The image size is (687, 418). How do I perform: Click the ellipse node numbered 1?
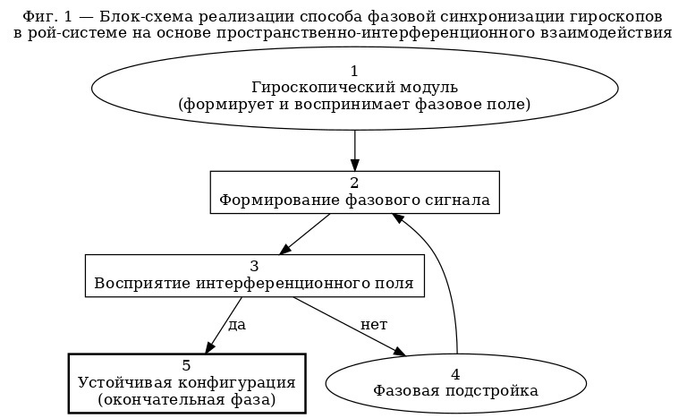354,88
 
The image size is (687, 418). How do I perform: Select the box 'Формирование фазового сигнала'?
354,192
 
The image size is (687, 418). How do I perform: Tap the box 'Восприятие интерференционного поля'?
254,276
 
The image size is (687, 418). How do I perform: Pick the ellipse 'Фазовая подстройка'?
455,382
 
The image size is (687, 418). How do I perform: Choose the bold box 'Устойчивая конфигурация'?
187,382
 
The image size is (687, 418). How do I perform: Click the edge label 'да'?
237,324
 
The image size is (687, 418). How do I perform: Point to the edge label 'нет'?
373,324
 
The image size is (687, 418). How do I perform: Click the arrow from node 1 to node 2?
354,148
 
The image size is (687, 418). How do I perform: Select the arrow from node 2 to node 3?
304,234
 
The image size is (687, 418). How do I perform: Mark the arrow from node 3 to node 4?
349,326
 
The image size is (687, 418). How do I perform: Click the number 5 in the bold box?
186,365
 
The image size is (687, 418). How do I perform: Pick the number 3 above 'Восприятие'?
254,267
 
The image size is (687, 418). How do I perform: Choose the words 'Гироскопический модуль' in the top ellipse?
354,88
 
